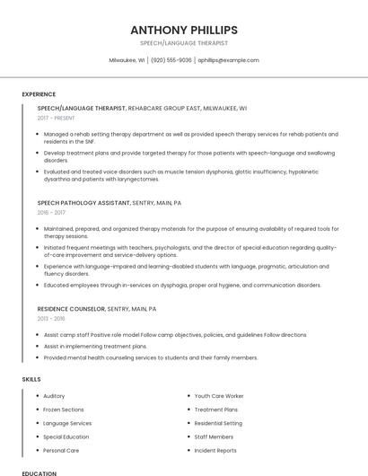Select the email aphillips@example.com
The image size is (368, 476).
pyautogui.click(x=228, y=60)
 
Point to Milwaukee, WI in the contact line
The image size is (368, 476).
pyautogui.click(x=127, y=60)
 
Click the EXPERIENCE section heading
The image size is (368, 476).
pyautogui.click(x=39, y=93)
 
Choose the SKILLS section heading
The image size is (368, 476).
pyautogui.click(x=31, y=379)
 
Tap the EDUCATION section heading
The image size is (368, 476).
pyautogui.click(x=39, y=472)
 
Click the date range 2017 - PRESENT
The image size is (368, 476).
pyautogui.click(x=57, y=118)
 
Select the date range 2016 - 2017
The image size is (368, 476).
pyautogui.click(x=52, y=213)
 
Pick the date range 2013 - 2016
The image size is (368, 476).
pyautogui.click(x=52, y=318)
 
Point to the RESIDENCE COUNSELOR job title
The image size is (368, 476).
pyautogui.click(x=71, y=308)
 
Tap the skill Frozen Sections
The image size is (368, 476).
pyautogui.click(x=63, y=410)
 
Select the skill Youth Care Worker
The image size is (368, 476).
pyautogui.click(x=219, y=396)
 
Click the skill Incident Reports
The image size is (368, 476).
pyautogui.click(x=215, y=450)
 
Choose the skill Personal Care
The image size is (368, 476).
pyautogui.click(x=61, y=450)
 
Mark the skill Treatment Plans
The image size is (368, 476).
pyautogui.click(x=215, y=410)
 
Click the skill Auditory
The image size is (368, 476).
pyautogui.click(x=54, y=396)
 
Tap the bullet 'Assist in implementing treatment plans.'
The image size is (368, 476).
pyautogui.click(x=95, y=346)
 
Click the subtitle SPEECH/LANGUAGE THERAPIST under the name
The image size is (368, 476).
pyautogui.click(x=183, y=42)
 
